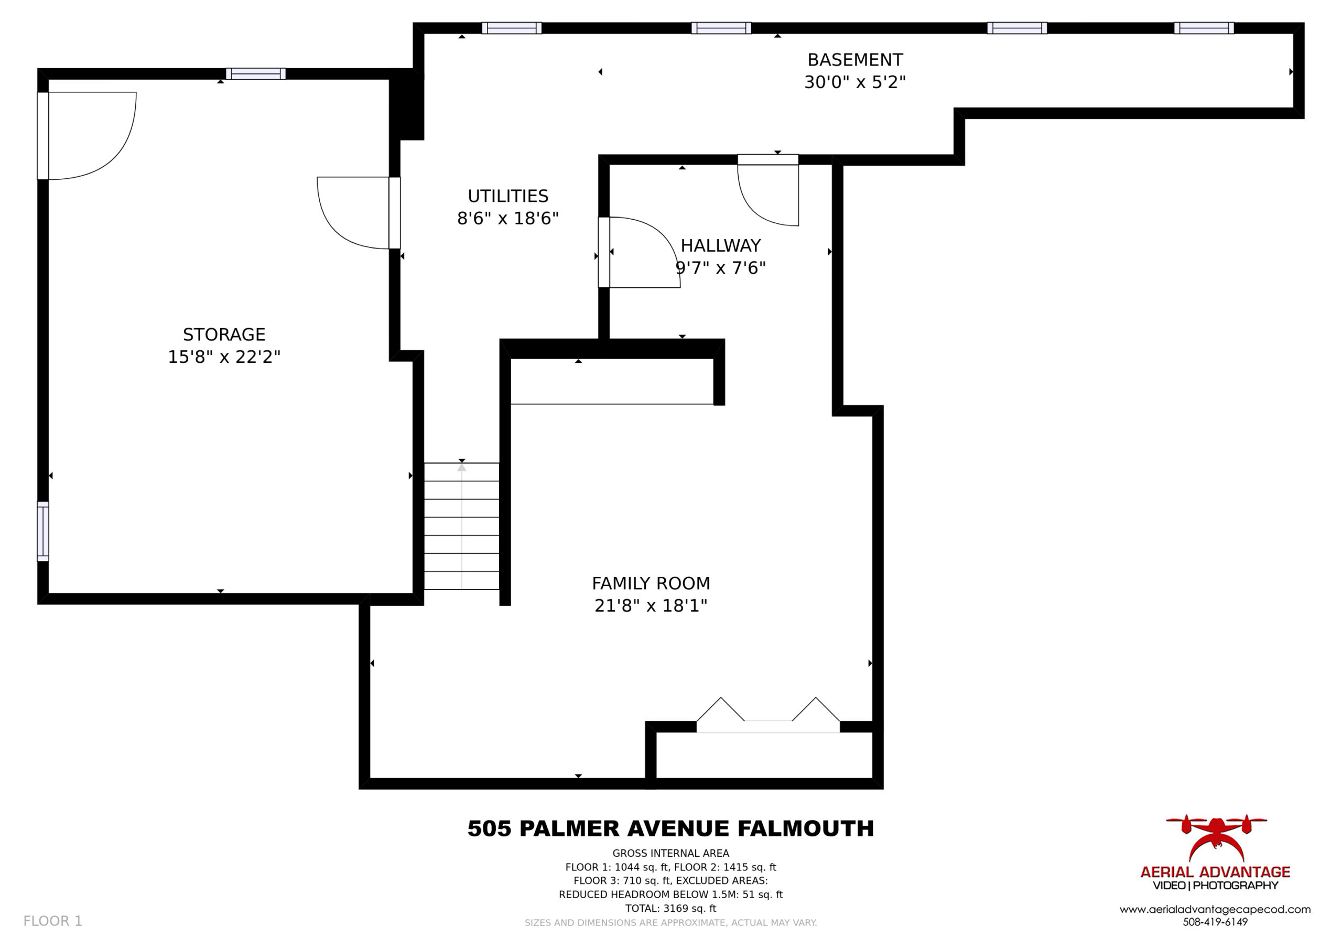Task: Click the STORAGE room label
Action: (x=224, y=335)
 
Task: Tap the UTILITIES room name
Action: (x=507, y=196)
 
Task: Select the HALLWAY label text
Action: (x=721, y=245)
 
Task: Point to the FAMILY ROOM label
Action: (x=651, y=584)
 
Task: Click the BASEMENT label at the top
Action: (x=854, y=60)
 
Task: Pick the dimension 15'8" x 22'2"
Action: (x=224, y=357)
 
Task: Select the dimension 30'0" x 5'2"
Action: (x=854, y=82)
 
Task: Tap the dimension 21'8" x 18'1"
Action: (x=651, y=606)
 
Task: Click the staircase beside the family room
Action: (x=462, y=526)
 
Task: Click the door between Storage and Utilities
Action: (x=358, y=213)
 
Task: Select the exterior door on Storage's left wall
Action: (x=86, y=136)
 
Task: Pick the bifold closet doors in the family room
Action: (x=768, y=715)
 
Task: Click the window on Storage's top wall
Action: (x=255, y=74)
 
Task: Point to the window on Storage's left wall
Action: (x=42, y=531)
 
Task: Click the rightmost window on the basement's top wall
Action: (x=1204, y=28)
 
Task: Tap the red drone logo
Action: (x=1216, y=838)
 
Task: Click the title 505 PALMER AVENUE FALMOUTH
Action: (x=670, y=828)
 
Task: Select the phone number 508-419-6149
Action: (x=1215, y=922)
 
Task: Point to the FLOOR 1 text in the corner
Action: (x=52, y=921)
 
